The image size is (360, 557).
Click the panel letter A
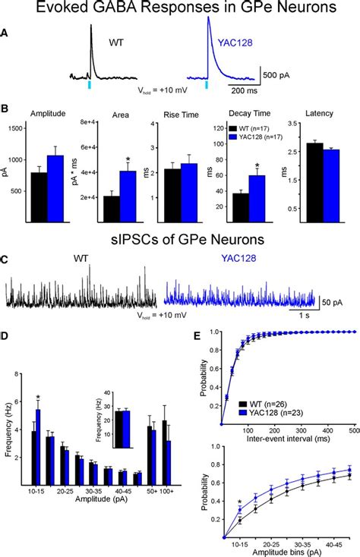pyautogui.click(x=7, y=33)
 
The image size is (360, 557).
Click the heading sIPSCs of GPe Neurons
pyautogui.click(x=179, y=241)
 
